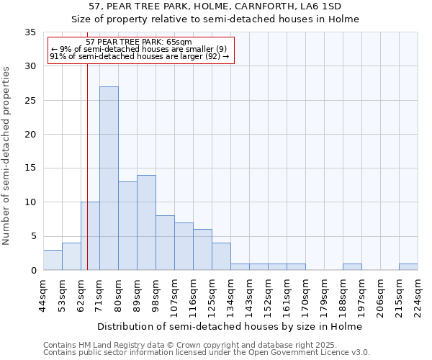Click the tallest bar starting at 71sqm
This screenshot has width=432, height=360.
click(x=109, y=178)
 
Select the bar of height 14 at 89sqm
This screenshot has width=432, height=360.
click(x=146, y=222)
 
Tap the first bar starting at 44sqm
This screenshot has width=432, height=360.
click(x=53, y=260)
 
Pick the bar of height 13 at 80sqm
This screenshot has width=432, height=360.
click(x=127, y=225)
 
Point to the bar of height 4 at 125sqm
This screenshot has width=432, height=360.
click(x=221, y=256)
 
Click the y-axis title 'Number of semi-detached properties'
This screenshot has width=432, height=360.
click(x=7, y=156)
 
